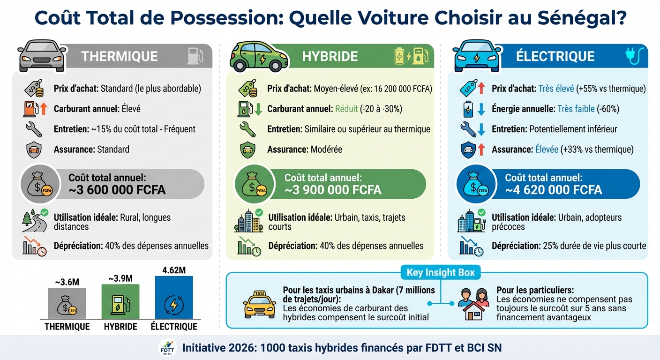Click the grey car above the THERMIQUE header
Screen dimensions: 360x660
tap(42, 56)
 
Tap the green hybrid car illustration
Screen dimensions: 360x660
tap(258, 56)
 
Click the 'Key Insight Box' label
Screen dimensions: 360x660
tap(440, 272)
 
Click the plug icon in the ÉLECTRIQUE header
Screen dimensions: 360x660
tap(634, 56)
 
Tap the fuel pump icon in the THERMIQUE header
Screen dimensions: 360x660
tap(195, 56)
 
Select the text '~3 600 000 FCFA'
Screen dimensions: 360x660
tap(117, 190)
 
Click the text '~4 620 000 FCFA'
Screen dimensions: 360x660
tap(553, 190)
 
